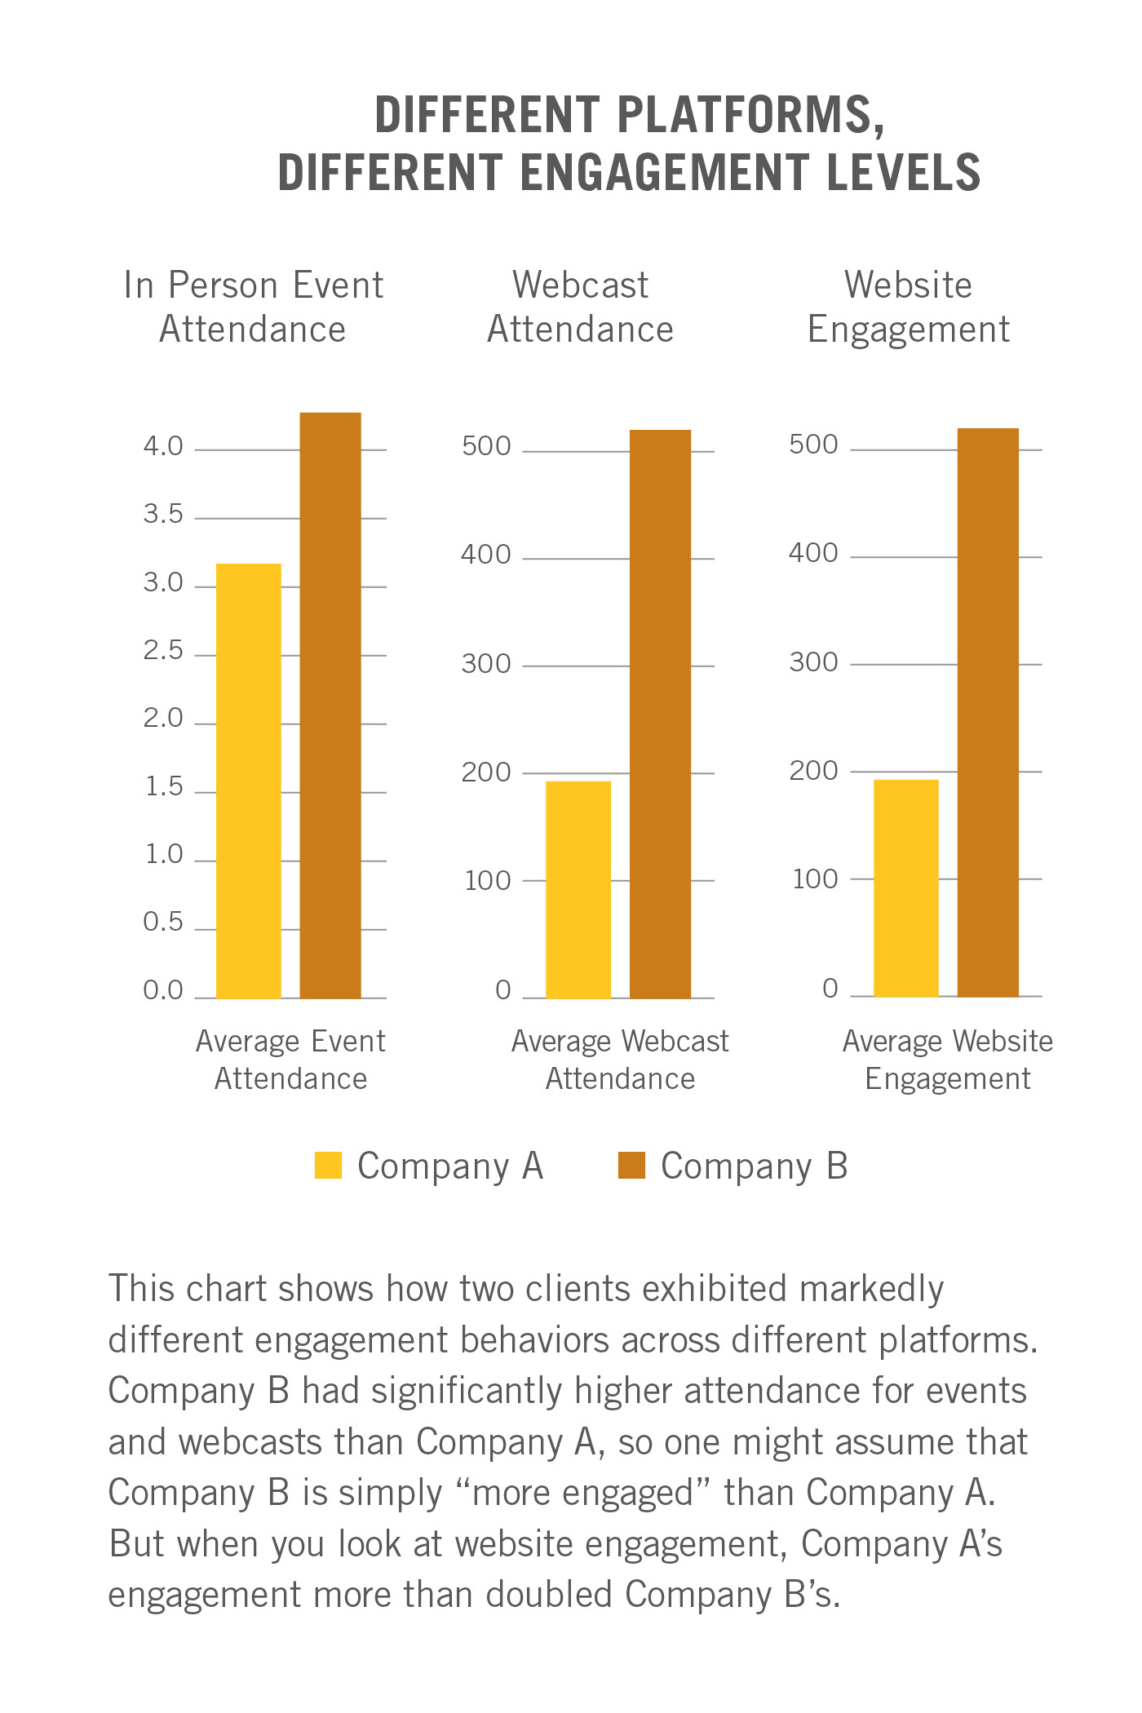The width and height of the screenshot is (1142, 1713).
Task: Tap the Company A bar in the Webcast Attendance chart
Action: pyautogui.click(x=578, y=889)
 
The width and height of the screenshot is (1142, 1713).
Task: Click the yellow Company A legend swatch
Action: pyautogui.click(x=328, y=1165)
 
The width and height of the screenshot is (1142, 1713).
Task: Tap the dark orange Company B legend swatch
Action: pyautogui.click(x=631, y=1165)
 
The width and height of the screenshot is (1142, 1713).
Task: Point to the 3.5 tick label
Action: pyautogui.click(x=163, y=515)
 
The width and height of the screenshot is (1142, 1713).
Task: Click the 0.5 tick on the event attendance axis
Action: pyautogui.click(x=163, y=923)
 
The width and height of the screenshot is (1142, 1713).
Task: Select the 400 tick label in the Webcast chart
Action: pyautogui.click(x=486, y=556)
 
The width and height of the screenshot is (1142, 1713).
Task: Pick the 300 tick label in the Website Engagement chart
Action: pyautogui.click(x=813, y=662)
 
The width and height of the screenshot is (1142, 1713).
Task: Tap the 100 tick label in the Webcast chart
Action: pyautogui.click(x=488, y=881)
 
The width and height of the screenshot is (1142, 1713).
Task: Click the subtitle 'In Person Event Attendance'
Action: pyautogui.click(x=253, y=308)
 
